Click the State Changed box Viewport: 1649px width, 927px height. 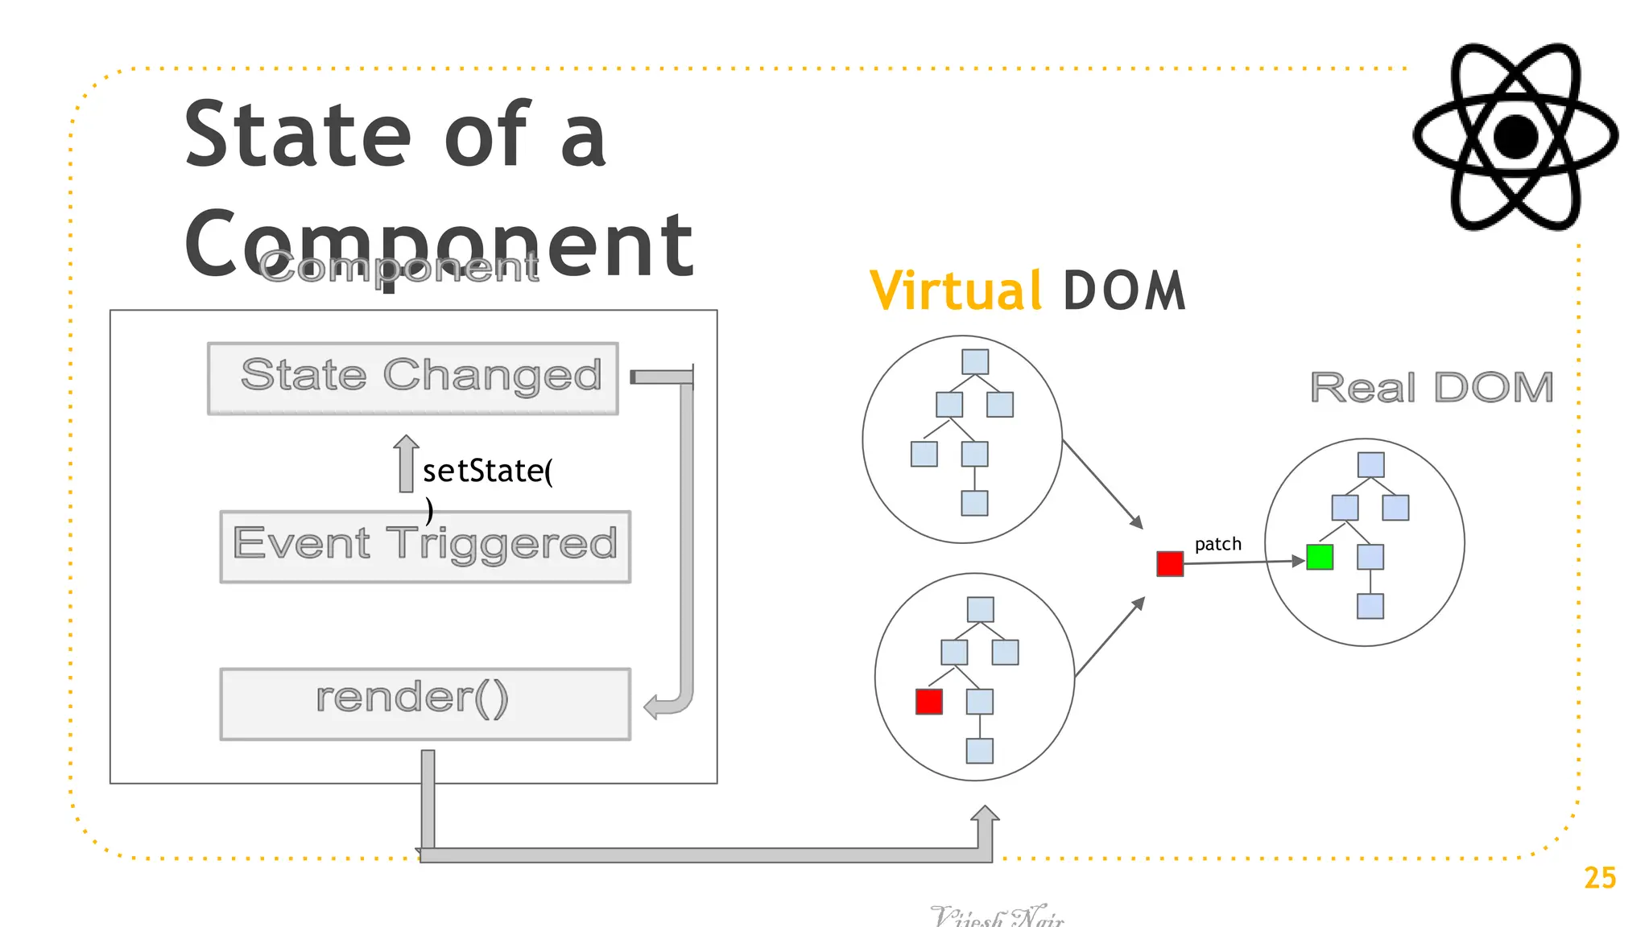tap(413, 378)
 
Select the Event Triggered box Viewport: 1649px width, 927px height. tap(425, 546)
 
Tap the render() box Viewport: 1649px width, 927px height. tap(425, 703)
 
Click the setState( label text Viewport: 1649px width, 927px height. tap(487, 471)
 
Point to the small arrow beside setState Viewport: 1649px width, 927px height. tap(406, 463)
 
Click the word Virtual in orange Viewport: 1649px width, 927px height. tap(956, 290)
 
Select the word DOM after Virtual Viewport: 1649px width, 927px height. tap(1124, 290)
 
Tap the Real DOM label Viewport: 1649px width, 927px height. tap(1432, 388)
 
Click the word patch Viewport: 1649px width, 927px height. tap(1217, 544)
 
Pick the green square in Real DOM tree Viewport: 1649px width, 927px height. tap(1320, 557)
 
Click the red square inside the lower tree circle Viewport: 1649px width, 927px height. tap(928, 702)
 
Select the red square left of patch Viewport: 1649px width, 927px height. tap(1169, 563)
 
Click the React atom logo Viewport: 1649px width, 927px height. tap(1515, 137)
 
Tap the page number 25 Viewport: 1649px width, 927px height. tap(1599, 878)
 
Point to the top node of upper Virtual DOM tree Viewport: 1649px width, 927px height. tap(975, 362)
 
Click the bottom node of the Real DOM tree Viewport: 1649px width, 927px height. tap(1370, 606)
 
